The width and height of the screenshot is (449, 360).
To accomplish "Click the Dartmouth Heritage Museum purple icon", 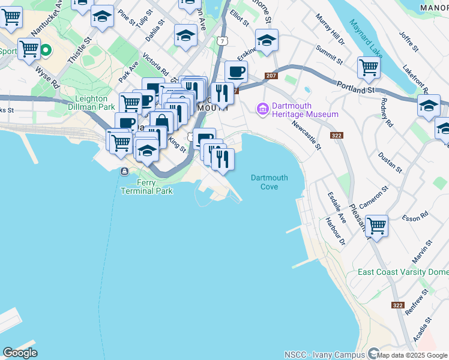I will [262, 109].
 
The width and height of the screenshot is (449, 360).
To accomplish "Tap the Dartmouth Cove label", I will [269, 182].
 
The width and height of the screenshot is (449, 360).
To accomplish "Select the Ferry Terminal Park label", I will [146, 187].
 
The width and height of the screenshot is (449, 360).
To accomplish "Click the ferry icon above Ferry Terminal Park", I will [124, 172].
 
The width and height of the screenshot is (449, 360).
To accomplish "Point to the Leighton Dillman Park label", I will [95, 103].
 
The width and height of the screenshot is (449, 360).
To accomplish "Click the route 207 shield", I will [270, 76].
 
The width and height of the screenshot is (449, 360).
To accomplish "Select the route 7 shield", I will [223, 41].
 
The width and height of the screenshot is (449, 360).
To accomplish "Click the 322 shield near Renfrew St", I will [397, 305].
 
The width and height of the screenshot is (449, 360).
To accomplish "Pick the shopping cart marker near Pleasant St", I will [376, 227].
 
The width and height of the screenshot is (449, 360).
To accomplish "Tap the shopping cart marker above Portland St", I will [368, 67].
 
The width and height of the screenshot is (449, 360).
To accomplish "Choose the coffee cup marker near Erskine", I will [236, 71].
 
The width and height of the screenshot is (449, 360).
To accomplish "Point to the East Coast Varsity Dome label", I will [403, 272].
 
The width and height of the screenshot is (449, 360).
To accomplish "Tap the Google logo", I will [20, 353].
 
